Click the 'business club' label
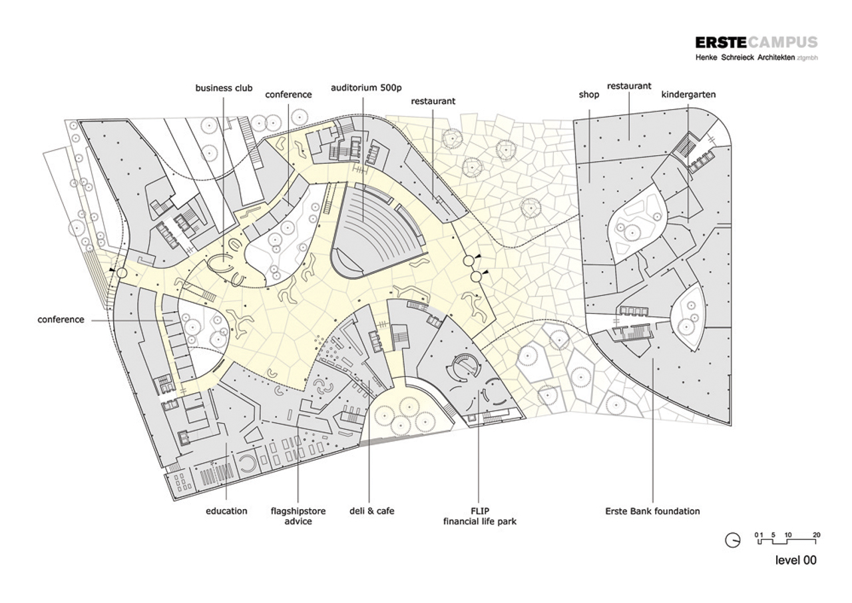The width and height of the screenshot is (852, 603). click(x=224, y=88)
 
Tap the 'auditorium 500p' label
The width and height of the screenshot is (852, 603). click(x=361, y=88)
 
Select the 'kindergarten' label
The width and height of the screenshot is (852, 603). click(x=688, y=95)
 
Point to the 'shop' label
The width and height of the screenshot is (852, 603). click(x=588, y=95)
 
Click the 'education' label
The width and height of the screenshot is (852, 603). click(x=226, y=511)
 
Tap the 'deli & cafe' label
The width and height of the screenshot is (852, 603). click(x=371, y=511)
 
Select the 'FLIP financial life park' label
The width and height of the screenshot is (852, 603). click(x=480, y=516)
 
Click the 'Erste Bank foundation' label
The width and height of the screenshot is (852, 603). click(x=652, y=511)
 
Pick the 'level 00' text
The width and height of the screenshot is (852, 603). click(x=795, y=560)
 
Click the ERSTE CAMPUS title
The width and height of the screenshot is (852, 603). click(x=756, y=43)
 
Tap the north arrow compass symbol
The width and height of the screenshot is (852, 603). click(x=732, y=540)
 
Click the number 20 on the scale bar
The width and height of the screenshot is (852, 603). click(x=816, y=535)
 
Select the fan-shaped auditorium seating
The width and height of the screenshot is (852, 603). click(x=379, y=227)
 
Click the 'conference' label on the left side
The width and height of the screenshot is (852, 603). click(x=61, y=320)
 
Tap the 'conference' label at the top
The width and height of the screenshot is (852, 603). click(x=288, y=95)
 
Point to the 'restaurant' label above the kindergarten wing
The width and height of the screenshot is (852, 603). click(x=628, y=86)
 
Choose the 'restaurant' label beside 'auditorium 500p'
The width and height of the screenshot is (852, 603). click(x=433, y=101)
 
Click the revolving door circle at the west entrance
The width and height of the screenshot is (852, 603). click(x=121, y=273)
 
